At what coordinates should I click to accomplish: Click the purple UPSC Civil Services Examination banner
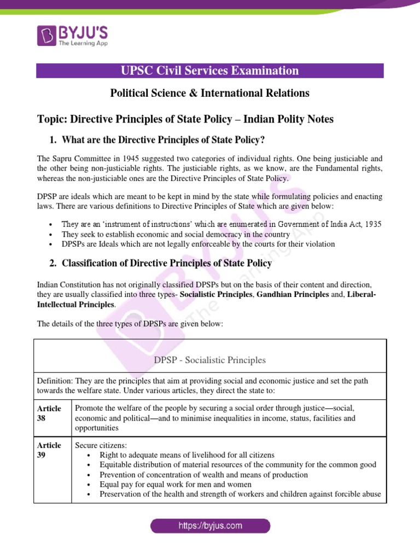pos(209,71)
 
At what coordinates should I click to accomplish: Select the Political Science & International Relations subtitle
pos(209,94)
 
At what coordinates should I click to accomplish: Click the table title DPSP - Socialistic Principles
pos(210,360)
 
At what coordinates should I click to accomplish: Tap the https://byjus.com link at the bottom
pos(210,526)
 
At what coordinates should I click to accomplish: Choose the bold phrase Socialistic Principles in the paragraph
pos(218,295)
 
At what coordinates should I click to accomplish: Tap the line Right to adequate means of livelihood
pos(187,455)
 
